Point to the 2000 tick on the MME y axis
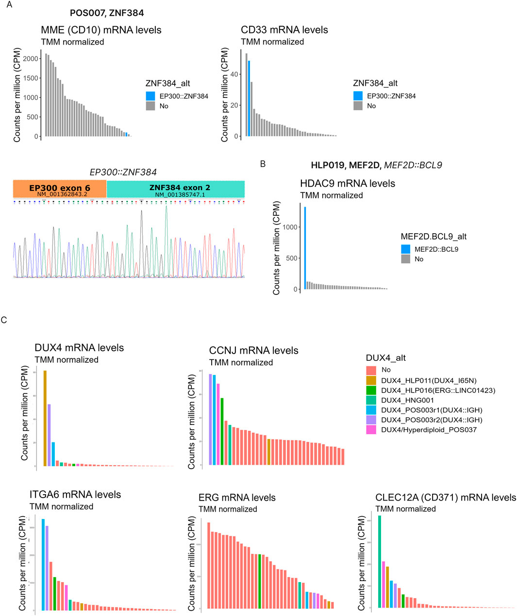point(32,59)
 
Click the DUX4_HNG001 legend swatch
point(371,400)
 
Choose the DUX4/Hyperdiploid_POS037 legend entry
point(428,430)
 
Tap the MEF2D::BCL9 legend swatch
point(405,249)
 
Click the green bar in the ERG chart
point(260,581)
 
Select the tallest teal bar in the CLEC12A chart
point(380,562)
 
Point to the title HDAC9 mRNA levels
point(348,183)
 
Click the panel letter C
point(4,320)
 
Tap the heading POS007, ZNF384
point(107,13)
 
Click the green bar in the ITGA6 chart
point(55,593)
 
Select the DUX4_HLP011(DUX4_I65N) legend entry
point(431,380)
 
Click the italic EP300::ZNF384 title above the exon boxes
point(123,172)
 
